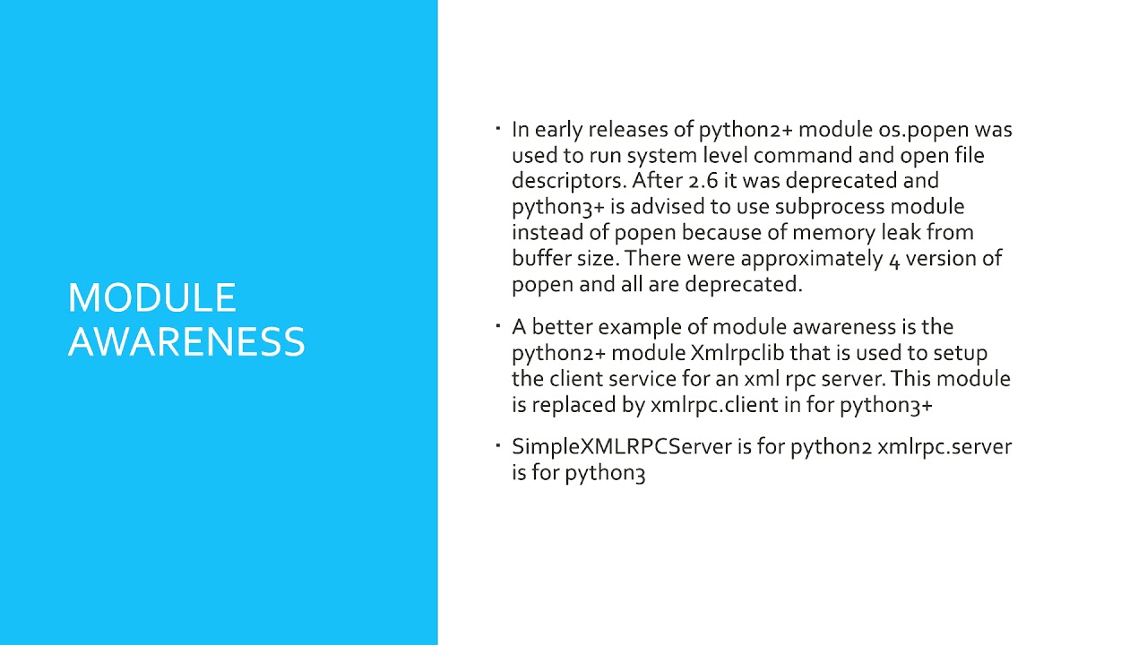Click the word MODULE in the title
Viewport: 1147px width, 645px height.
coord(151,298)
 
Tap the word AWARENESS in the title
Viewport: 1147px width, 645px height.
coord(186,342)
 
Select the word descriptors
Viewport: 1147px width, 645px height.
coord(568,181)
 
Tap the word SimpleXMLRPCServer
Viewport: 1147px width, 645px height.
coord(622,447)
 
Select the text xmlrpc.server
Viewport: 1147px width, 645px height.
coord(944,447)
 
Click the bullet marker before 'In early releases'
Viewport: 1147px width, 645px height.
coord(498,128)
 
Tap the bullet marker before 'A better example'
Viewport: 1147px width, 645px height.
coord(498,325)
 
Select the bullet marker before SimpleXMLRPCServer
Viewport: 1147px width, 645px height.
coord(498,445)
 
